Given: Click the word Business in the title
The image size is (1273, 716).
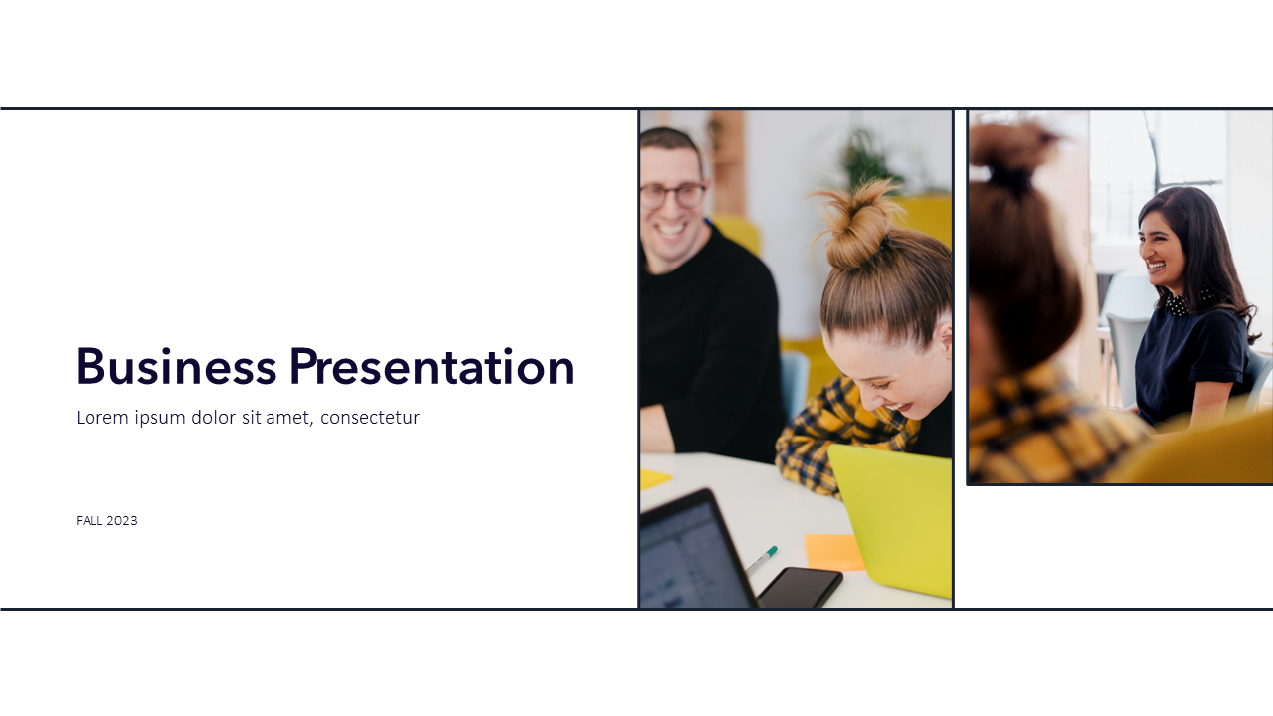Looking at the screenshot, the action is click(176, 367).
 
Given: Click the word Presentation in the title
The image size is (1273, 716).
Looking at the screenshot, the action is click(432, 367).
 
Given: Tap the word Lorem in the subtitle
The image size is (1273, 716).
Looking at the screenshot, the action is click(102, 417).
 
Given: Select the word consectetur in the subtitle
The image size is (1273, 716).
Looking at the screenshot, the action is click(370, 417).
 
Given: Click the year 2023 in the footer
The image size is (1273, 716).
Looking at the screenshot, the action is click(122, 521).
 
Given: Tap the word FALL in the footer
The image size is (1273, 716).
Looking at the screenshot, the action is click(90, 521).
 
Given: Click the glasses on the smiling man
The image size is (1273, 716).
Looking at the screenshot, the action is click(673, 196).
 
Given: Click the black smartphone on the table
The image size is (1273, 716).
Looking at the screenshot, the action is click(801, 587).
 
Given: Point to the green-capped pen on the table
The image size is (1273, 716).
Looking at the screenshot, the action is click(762, 560).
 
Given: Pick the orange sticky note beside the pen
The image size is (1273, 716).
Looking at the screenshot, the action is click(833, 551).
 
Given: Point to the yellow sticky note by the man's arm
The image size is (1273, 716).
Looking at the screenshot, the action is click(655, 478).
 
